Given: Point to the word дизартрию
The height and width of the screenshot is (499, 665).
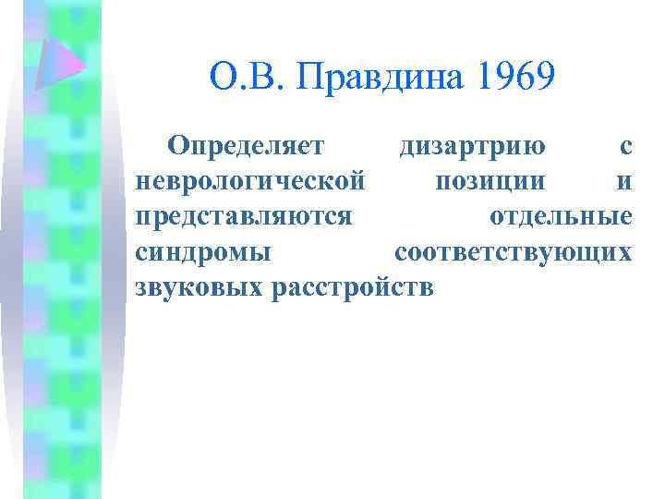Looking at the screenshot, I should [x=471, y=146].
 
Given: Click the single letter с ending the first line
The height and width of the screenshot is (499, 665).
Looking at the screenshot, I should [x=626, y=147].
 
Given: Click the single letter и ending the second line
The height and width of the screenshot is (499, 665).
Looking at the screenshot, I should [x=625, y=182].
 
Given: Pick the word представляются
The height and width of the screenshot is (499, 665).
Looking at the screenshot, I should [x=243, y=216].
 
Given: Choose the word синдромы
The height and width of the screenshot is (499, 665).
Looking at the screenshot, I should [x=203, y=251].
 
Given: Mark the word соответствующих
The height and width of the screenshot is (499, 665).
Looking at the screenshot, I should [x=514, y=251].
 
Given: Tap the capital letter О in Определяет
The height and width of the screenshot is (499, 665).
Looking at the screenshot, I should [x=175, y=146].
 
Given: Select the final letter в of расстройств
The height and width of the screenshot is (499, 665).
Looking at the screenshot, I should [x=424, y=287].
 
